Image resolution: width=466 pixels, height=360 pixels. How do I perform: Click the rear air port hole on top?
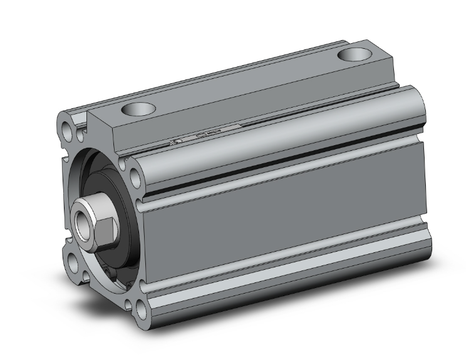pos(355,54)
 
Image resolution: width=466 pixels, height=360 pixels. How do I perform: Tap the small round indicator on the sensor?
pos(178,142)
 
